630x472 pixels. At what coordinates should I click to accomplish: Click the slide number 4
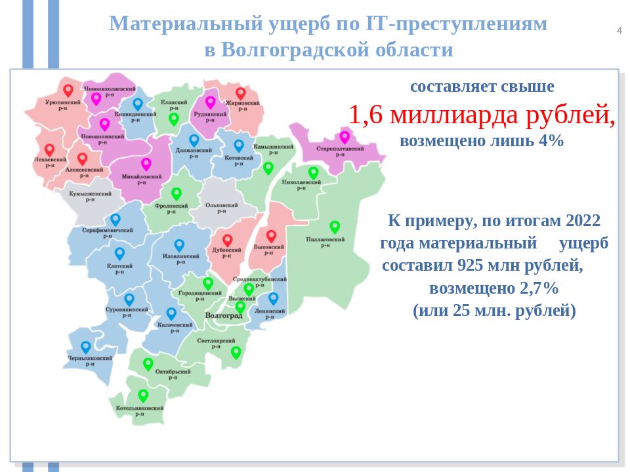[x=619, y=31]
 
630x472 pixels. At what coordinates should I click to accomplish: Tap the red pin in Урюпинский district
[x=68, y=90]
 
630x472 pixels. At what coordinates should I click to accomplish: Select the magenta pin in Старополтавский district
[x=345, y=137]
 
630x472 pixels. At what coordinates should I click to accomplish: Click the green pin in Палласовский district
[x=335, y=227]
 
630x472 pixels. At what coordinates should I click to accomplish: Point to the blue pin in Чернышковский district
[x=85, y=347]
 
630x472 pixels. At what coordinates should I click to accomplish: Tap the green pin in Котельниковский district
[x=143, y=396]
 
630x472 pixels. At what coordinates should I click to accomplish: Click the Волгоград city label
[x=224, y=315]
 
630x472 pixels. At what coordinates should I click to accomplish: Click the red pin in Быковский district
[x=271, y=236]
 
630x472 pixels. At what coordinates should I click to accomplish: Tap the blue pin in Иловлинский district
[x=179, y=245]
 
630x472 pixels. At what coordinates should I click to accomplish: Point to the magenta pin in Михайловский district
[x=146, y=164]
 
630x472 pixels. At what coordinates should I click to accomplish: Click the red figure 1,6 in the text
[x=366, y=115]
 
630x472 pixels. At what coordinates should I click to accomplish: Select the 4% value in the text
[x=551, y=141]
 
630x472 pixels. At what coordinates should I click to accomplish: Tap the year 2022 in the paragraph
[x=583, y=221]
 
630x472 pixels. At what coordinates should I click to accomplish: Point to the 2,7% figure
[x=539, y=288]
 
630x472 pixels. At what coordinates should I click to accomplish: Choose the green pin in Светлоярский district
[x=236, y=353]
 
